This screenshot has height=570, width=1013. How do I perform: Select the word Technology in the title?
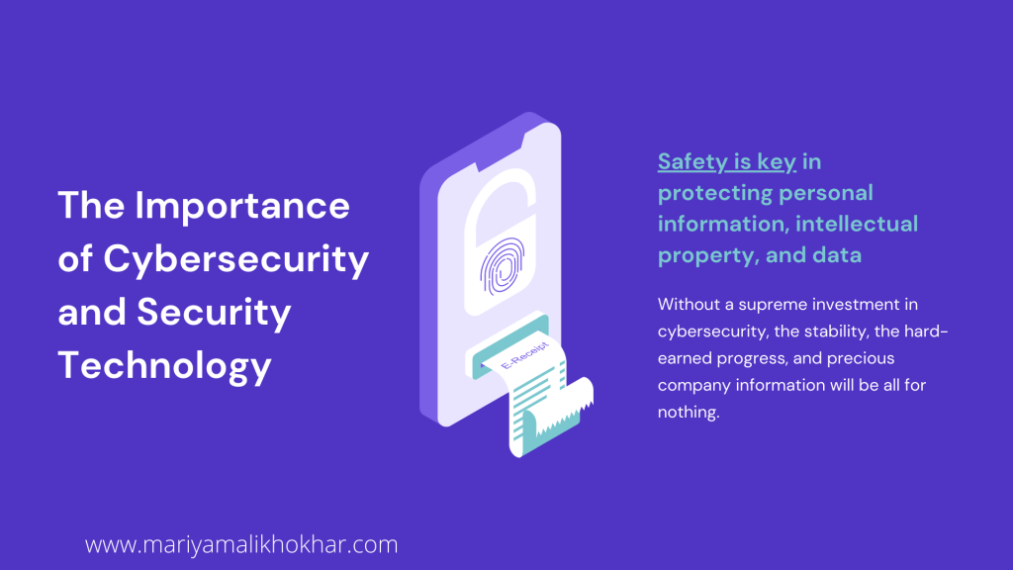[165, 366]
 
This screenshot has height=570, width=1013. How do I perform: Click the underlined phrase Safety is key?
[727, 162]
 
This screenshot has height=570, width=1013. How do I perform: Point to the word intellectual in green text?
[857, 224]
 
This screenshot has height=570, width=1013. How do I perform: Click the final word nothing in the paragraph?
[689, 413]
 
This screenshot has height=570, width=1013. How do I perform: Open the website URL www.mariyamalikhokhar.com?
[241, 545]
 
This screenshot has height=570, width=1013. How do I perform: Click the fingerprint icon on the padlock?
[502, 266]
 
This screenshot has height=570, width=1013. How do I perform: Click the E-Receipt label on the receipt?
[524, 355]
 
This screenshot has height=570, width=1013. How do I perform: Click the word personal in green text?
[826, 193]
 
